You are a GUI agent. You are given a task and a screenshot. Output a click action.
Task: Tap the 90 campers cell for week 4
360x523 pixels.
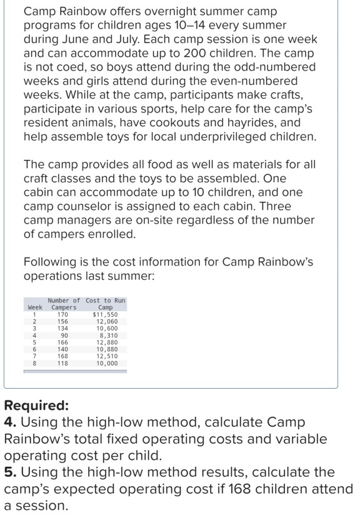point(63,335)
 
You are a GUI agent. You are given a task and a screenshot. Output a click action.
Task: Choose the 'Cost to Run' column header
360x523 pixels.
point(105,301)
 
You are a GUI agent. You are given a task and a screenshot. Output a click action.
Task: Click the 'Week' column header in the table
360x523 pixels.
point(35,307)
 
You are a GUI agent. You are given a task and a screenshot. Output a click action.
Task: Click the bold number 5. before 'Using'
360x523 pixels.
point(9,472)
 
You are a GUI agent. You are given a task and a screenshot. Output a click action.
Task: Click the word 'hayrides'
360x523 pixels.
point(268,123)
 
